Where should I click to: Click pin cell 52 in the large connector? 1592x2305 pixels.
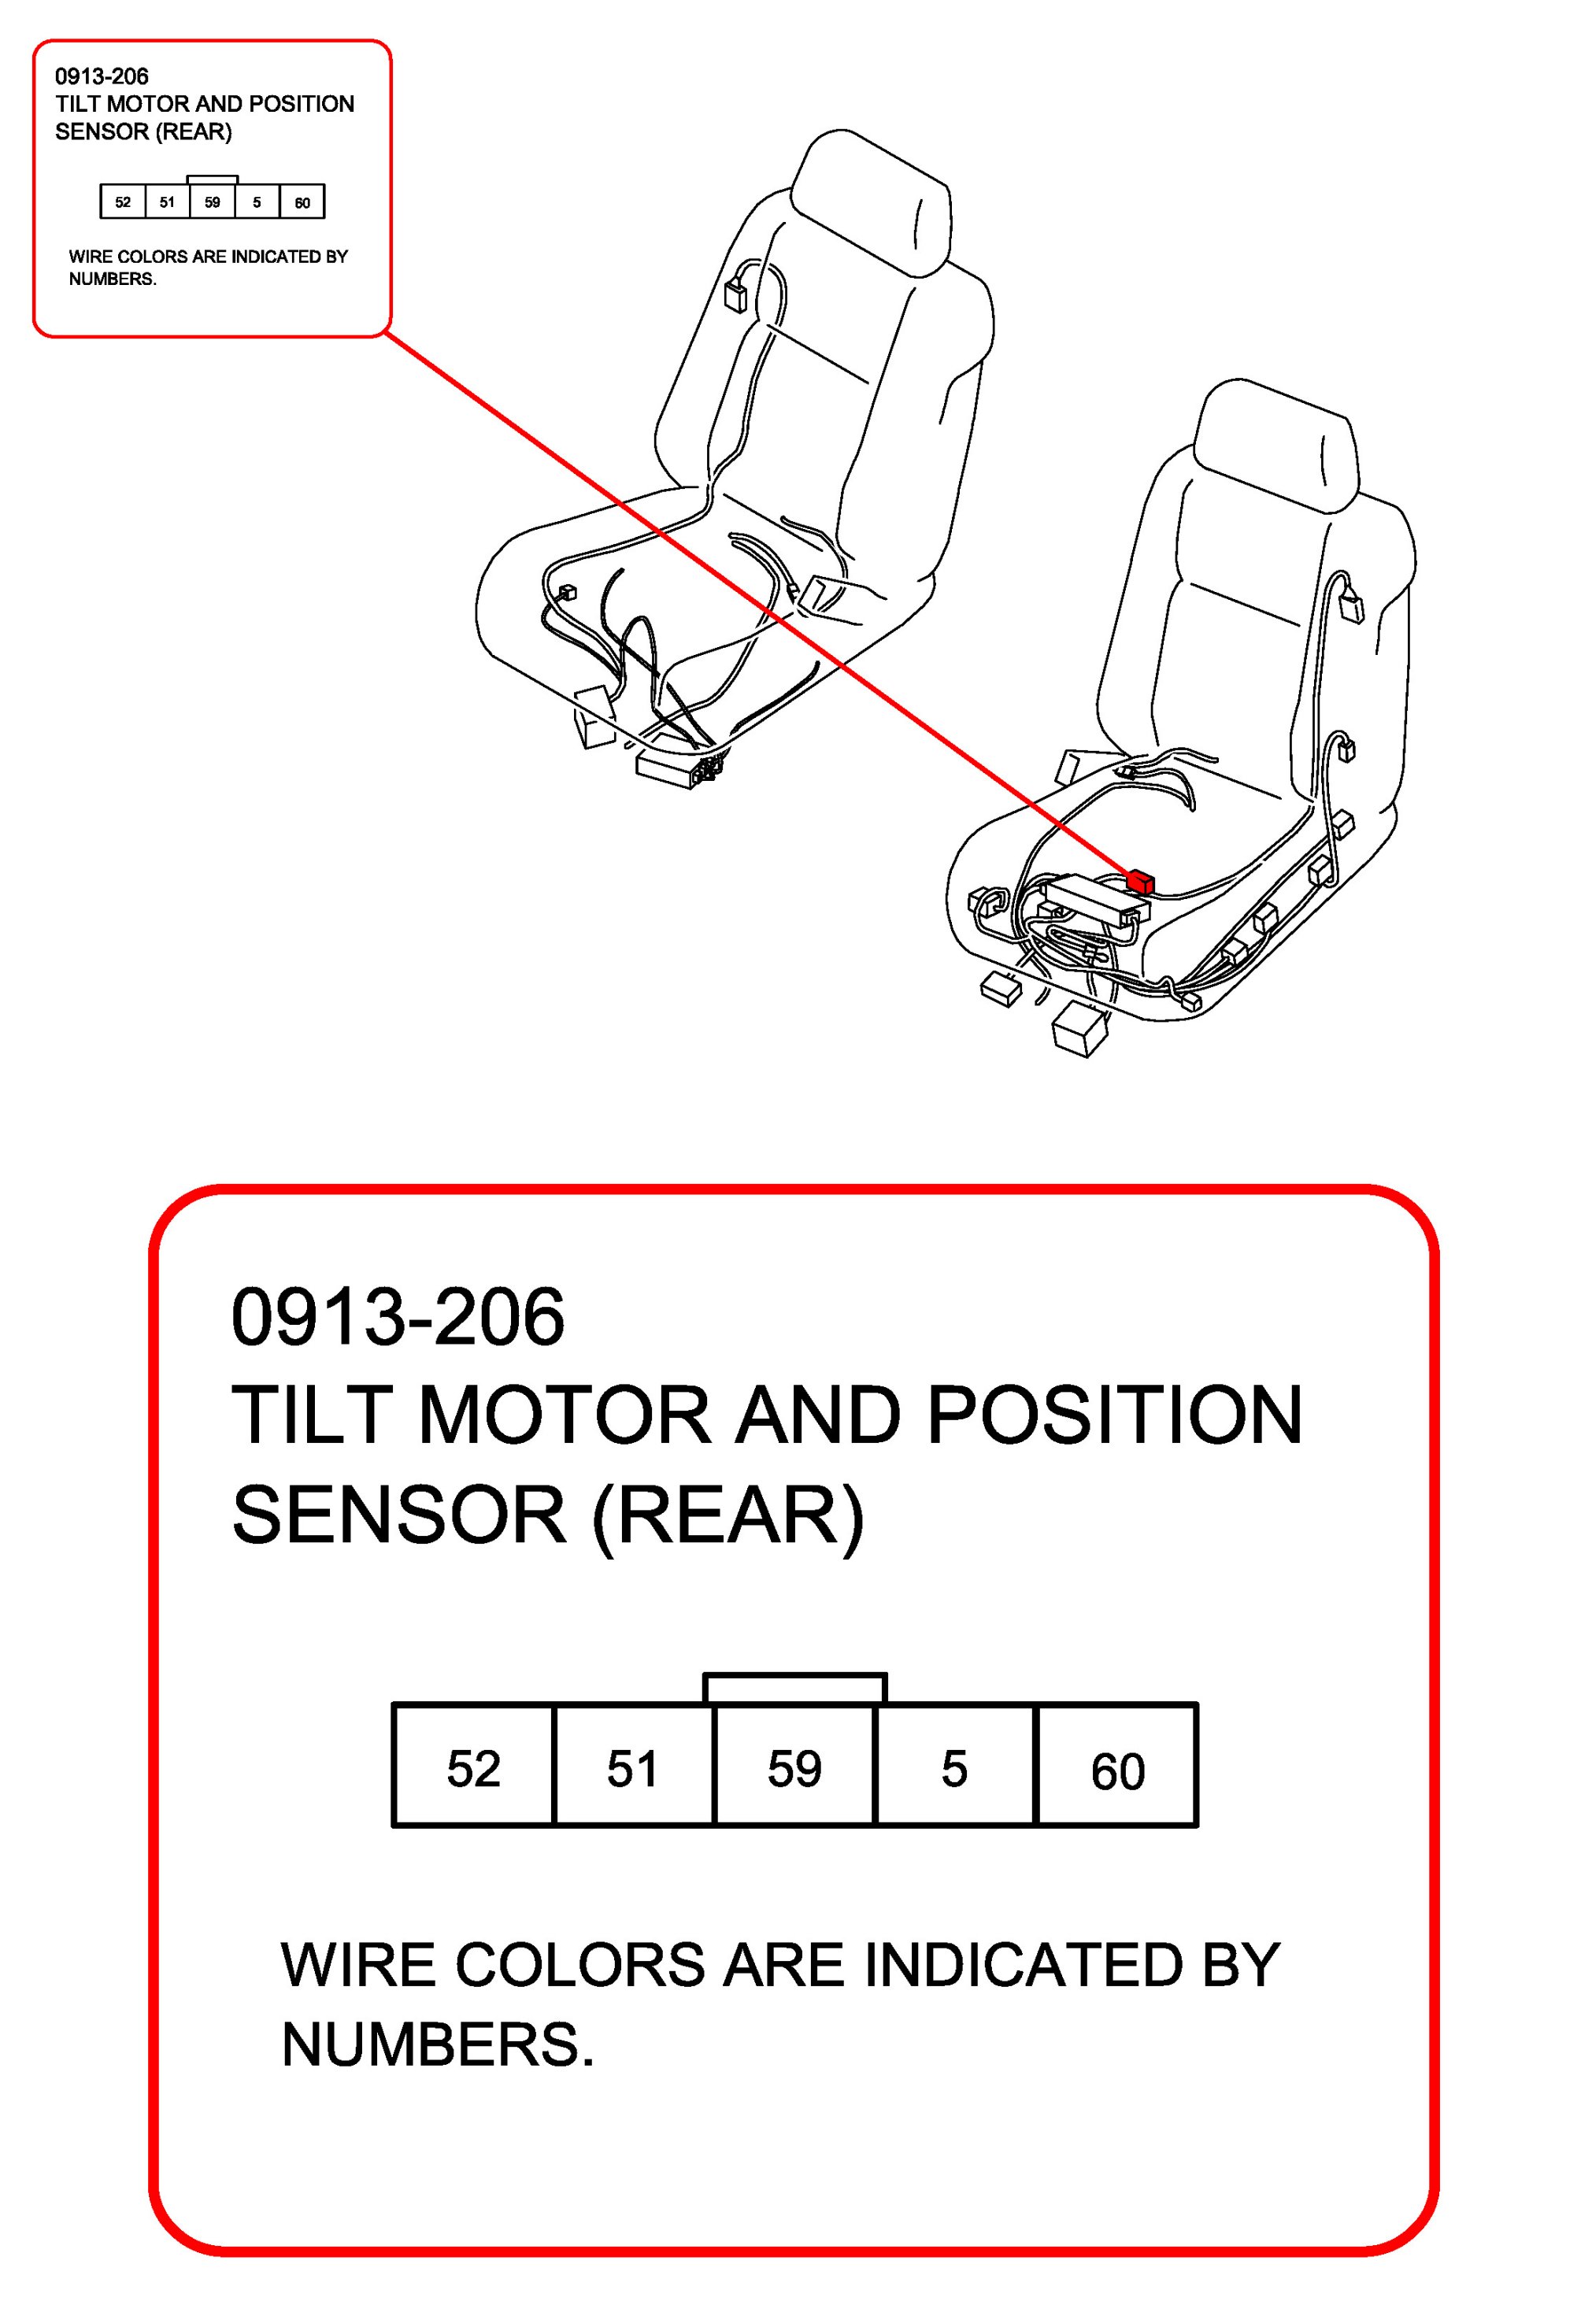tap(473, 1770)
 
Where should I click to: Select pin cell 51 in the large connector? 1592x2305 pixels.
tap(632, 1770)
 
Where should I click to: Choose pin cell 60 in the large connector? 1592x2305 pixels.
tap(1117, 1771)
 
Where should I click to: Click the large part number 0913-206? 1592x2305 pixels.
tap(398, 1318)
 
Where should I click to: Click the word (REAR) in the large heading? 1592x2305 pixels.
tap(728, 1515)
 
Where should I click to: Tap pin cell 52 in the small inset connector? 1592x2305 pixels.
tap(123, 202)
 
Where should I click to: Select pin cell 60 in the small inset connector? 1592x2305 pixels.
tap(302, 203)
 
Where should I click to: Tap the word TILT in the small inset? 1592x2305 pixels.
tap(78, 104)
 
